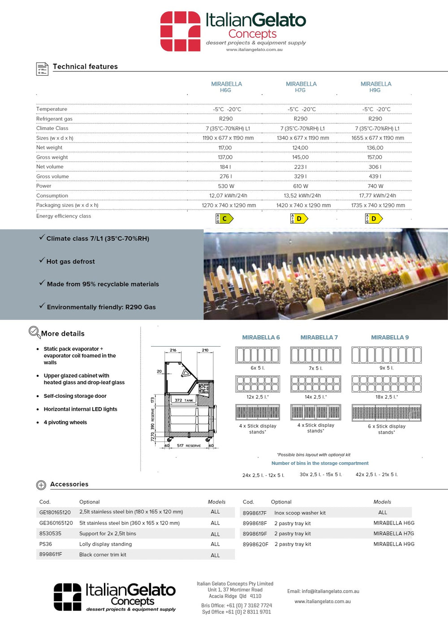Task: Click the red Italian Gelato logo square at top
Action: [180, 31]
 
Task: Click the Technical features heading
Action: [85, 66]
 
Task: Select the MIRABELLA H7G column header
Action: [301, 87]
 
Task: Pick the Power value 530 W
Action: [226, 186]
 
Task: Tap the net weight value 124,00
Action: [300, 148]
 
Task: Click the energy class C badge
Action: [224, 218]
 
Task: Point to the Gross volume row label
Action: [52, 177]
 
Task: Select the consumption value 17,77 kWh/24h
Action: [377, 195]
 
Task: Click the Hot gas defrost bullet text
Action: [70, 261]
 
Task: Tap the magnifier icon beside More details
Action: [34, 332]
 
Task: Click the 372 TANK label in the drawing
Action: [184, 400]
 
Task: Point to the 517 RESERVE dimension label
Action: [189, 446]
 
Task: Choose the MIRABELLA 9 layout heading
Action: [390, 337]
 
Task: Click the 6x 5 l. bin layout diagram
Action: [258, 355]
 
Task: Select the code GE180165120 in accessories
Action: [55, 512]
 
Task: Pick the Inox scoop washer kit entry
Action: [300, 513]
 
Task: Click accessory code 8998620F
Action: [255, 544]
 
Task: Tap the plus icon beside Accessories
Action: [41, 485]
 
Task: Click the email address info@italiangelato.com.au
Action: [323, 591]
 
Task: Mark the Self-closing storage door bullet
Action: [75, 396]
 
